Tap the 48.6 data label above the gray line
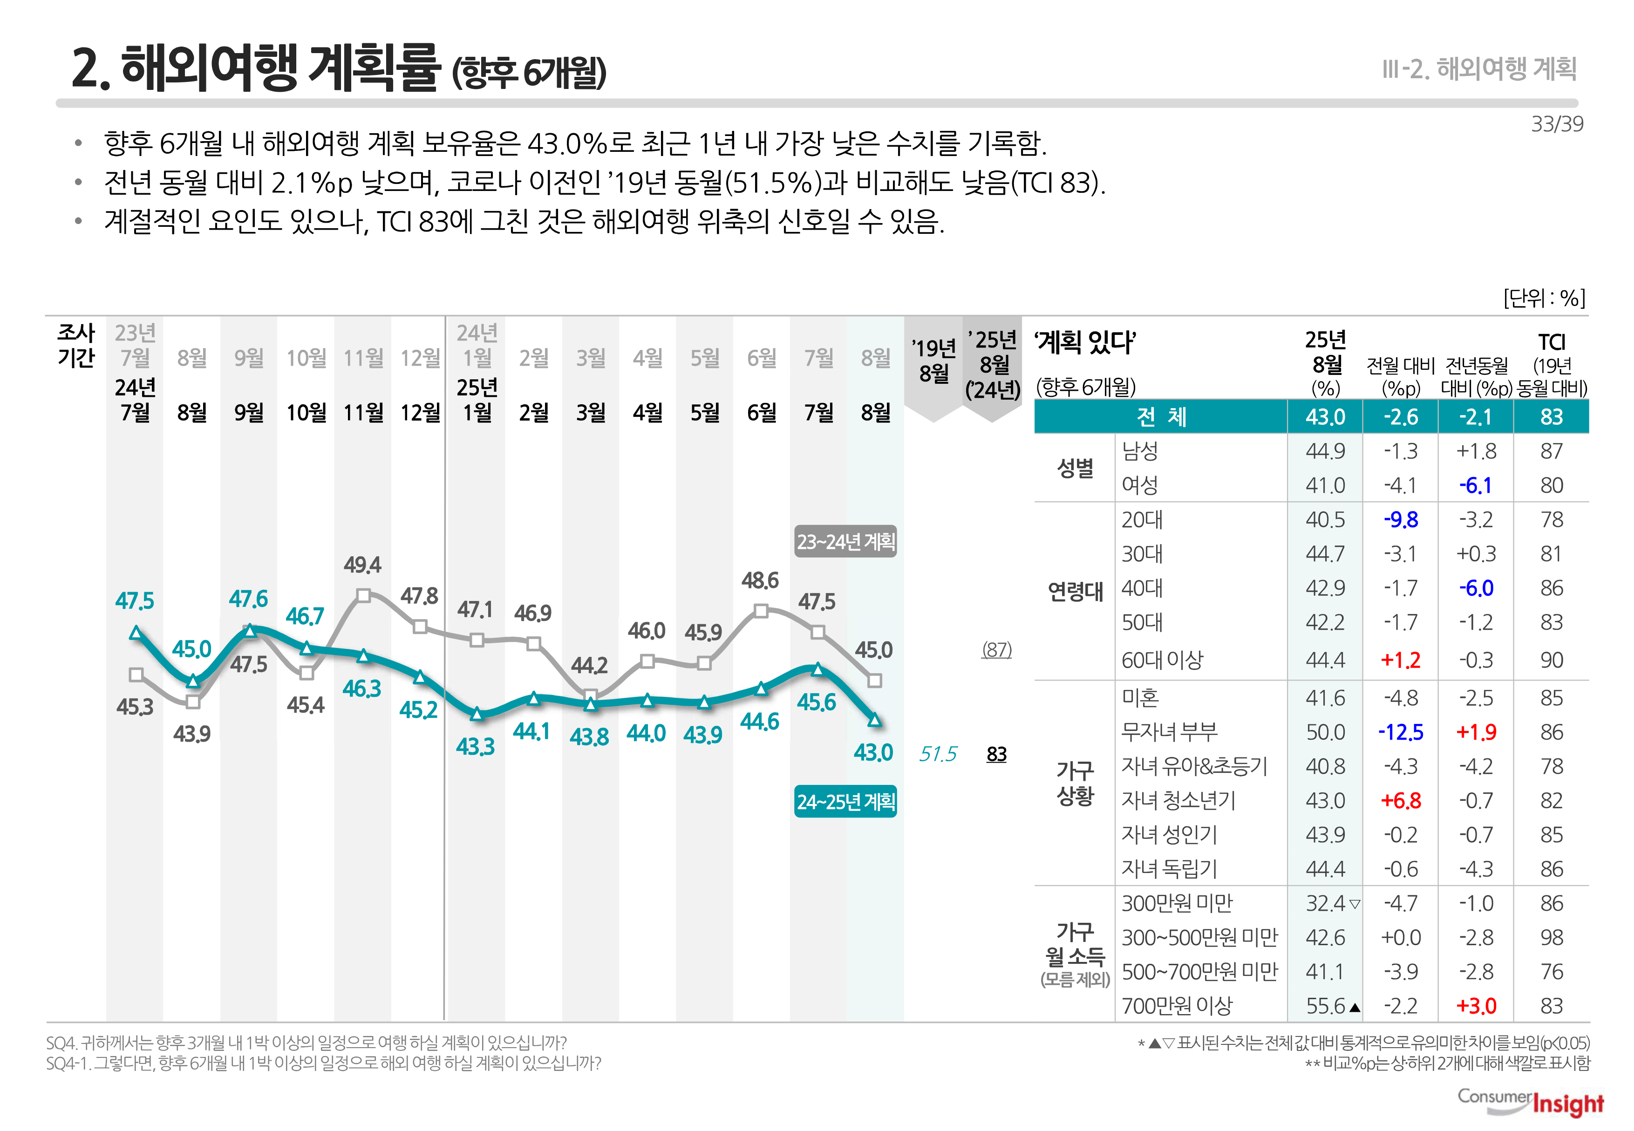click(760, 581)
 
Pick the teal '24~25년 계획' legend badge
click(845, 802)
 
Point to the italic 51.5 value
click(938, 754)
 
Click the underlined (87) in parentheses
click(996, 650)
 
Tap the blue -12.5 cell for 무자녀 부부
click(1400, 732)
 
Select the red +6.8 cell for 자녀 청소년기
click(1400, 801)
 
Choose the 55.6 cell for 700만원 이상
click(1325, 1006)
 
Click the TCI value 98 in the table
click(1551, 938)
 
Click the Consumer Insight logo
click(1531, 1103)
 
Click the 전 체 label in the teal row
click(1161, 417)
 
